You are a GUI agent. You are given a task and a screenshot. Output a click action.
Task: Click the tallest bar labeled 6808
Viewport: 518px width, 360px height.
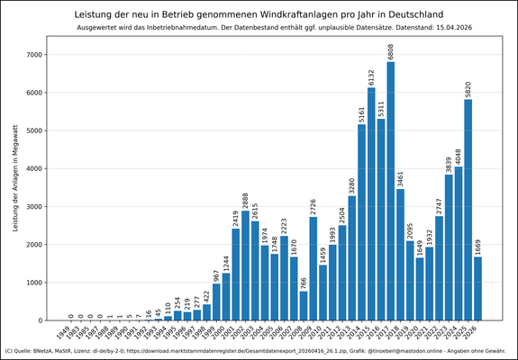[390, 191]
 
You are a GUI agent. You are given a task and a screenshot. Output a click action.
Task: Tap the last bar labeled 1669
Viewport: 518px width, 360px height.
[477, 288]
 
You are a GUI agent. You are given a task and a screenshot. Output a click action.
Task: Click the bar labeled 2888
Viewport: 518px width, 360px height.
[245, 265]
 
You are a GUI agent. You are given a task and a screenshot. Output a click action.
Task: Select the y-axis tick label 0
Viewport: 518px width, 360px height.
[40, 320]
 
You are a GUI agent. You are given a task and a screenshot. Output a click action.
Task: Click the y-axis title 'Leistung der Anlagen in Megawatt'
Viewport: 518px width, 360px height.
[15, 187]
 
